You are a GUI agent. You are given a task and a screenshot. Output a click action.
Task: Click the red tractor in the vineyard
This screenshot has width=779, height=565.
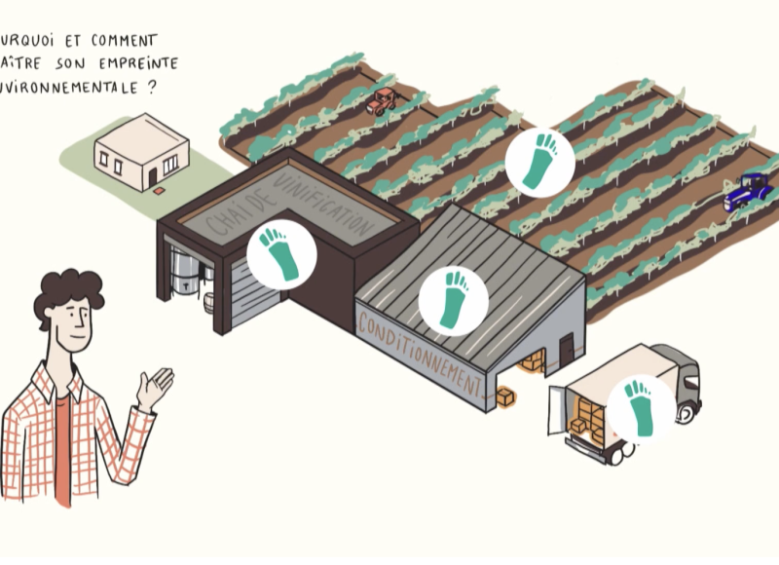click(x=382, y=99)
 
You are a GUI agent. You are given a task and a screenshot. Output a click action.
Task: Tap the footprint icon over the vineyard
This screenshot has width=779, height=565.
click(x=539, y=162)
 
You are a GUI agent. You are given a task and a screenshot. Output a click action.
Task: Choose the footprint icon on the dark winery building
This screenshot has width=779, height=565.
click(x=280, y=251)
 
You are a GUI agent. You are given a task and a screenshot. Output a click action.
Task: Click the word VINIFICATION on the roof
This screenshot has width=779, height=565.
click(x=323, y=207)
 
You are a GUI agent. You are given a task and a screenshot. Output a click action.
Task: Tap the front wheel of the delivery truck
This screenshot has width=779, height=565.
click(x=686, y=413)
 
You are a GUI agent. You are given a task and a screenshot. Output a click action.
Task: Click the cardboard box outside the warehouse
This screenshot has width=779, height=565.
click(x=505, y=396)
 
